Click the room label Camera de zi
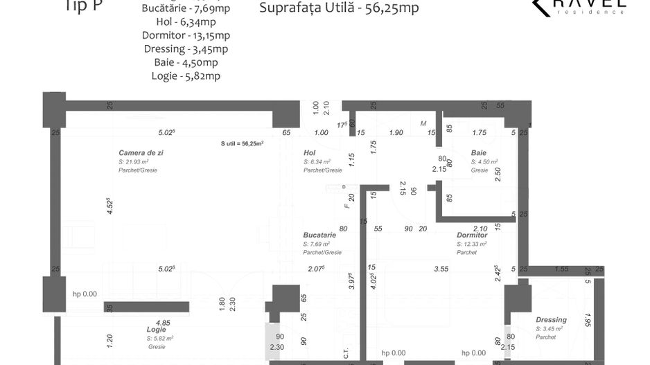pyautogui.click(x=141, y=152)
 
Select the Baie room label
pyautogui.click(x=478, y=152)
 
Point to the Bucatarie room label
pyautogui.click(x=319, y=235)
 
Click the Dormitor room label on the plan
pyautogui.click(x=473, y=235)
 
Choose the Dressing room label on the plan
pyautogui.click(x=551, y=319)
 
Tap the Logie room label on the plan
pyautogui.click(x=156, y=329)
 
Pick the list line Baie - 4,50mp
pyautogui.click(x=186, y=62)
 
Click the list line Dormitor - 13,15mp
pyautogui.click(x=186, y=35)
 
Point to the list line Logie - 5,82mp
pyautogui.click(x=186, y=75)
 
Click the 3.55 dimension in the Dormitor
pyautogui.click(x=441, y=269)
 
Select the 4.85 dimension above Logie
pyautogui.click(x=164, y=322)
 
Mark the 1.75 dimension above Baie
pyautogui.click(x=479, y=132)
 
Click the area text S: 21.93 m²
pyautogui.click(x=133, y=161)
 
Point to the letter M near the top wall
pyautogui.click(x=423, y=123)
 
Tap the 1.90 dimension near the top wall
pyautogui.click(x=396, y=132)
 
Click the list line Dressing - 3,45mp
pyautogui.click(x=186, y=48)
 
